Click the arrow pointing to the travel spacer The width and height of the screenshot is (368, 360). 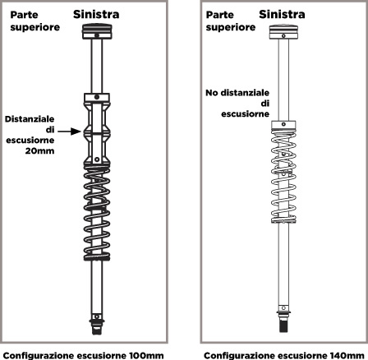[70, 132]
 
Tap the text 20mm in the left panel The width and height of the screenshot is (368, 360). [40, 150]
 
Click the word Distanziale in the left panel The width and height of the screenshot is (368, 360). [30, 119]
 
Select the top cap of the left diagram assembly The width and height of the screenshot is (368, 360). [97, 31]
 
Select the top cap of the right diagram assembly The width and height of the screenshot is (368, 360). [283, 32]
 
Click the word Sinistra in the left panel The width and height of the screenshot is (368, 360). [96, 14]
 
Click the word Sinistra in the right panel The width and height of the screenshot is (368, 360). [282, 14]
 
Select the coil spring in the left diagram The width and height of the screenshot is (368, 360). [97, 213]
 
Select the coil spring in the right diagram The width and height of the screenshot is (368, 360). [283, 176]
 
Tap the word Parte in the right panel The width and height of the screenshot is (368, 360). [220, 15]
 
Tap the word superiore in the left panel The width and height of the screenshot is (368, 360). [35, 27]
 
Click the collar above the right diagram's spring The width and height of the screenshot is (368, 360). [283, 125]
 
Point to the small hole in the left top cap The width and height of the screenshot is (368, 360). [97, 35]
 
